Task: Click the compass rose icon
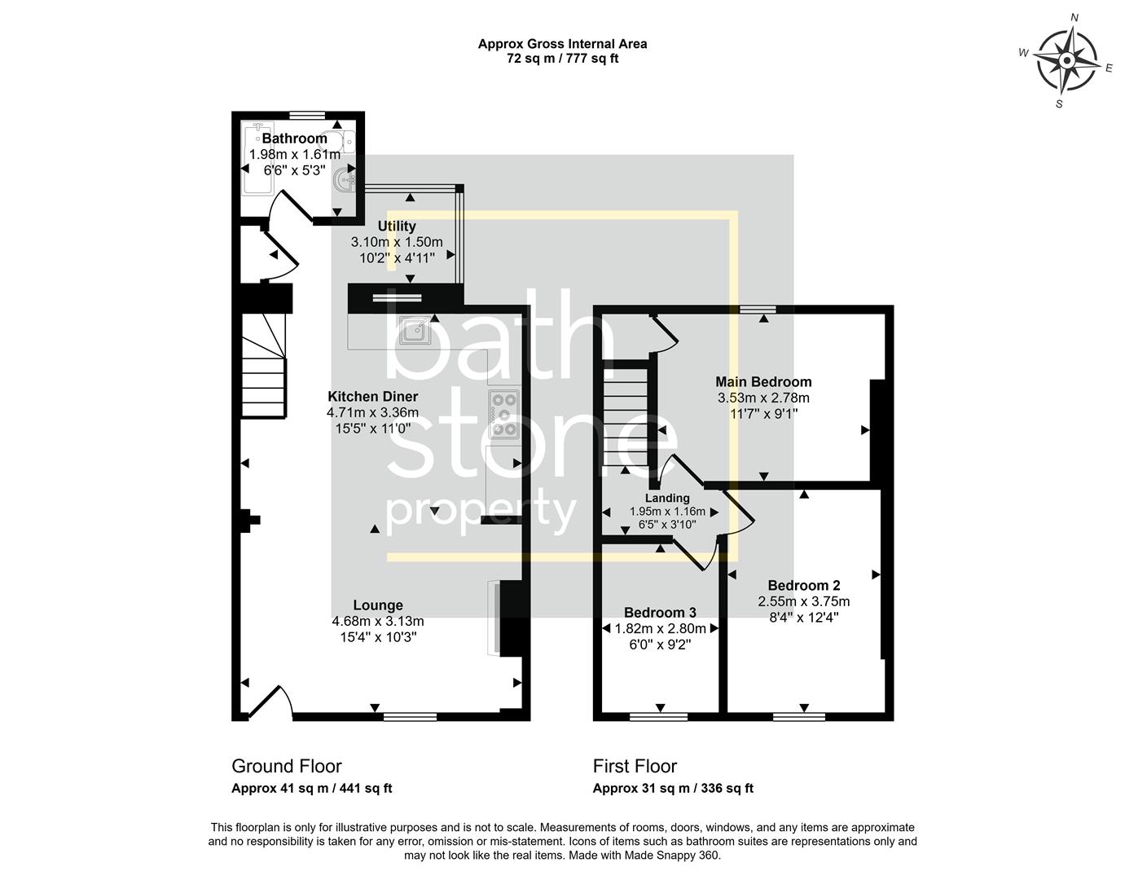tap(1066, 61)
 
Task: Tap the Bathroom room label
tap(294, 139)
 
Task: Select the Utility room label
tap(397, 227)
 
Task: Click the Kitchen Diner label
tap(372, 397)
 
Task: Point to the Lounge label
tap(378, 605)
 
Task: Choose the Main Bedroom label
tap(763, 382)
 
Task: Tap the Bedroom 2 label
tap(803, 586)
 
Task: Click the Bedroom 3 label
tap(660, 613)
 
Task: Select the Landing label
tap(667, 499)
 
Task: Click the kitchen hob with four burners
tap(503, 414)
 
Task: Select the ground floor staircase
tap(263, 367)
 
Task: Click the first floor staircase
tap(625, 416)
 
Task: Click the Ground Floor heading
tap(287, 766)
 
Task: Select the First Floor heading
tap(635, 766)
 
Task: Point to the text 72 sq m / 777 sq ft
tap(562, 59)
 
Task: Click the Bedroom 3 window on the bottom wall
tap(658, 717)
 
